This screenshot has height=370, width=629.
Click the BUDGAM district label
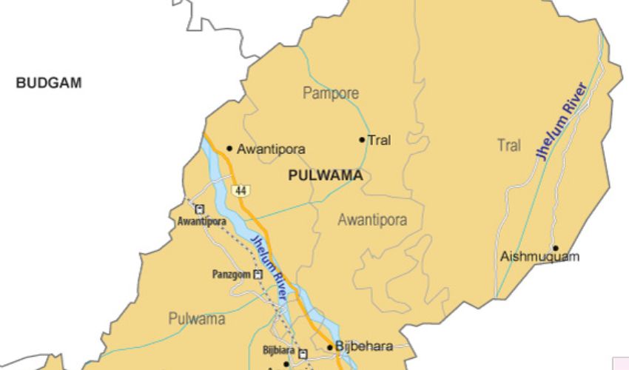(49, 84)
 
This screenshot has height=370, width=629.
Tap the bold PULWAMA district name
(326, 175)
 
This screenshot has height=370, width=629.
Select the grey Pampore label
(331, 93)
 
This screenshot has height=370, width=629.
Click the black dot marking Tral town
(362, 139)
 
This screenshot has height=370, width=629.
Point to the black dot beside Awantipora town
(229, 148)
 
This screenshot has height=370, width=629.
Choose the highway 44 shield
(240, 191)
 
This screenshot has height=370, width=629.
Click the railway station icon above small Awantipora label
(199, 209)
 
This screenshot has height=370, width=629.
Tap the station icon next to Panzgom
(258, 275)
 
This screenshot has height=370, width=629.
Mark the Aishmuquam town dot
(555, 248)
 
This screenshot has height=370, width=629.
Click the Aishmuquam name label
(539, 258)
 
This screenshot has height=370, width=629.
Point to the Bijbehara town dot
(330, 346)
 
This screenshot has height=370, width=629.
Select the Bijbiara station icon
(302, 354)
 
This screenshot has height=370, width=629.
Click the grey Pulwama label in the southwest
(197, 320)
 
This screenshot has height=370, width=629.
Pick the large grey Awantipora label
(372, 220)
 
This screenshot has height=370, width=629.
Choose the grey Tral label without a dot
(508, 146)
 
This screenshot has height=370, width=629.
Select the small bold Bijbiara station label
(278, 350)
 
